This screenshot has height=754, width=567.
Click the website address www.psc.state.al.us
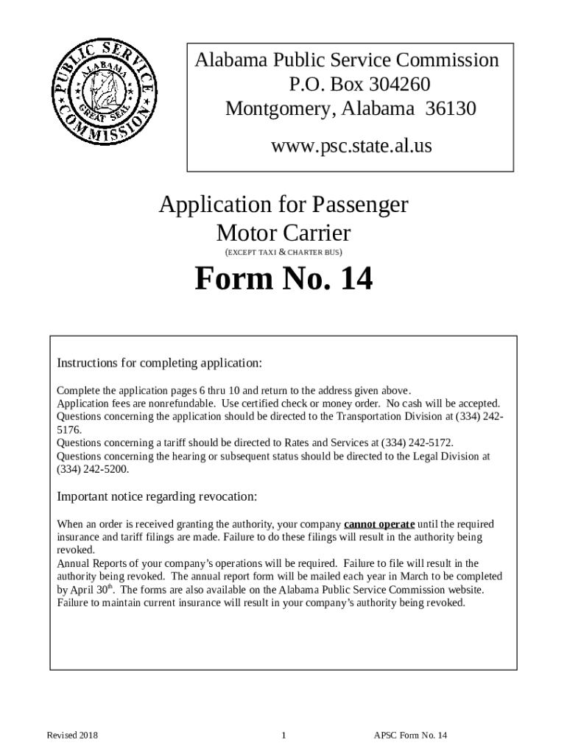(351, 147)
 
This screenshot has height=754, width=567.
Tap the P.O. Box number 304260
(392, 85)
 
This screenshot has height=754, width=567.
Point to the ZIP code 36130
(451, 109)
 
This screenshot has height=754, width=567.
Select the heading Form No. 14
(283, 279)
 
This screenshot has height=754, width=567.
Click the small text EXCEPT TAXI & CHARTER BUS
(283, 253)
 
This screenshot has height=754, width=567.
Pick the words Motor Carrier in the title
(283, 234)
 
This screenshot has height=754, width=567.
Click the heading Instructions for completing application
(160, 363)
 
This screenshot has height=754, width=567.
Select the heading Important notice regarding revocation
(157, 496)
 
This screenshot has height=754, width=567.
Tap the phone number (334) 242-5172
(417, 443)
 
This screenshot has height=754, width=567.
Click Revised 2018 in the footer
(73, 735)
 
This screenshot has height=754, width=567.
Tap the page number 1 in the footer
(283, 735)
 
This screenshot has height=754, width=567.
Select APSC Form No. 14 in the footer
(411, 735)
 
